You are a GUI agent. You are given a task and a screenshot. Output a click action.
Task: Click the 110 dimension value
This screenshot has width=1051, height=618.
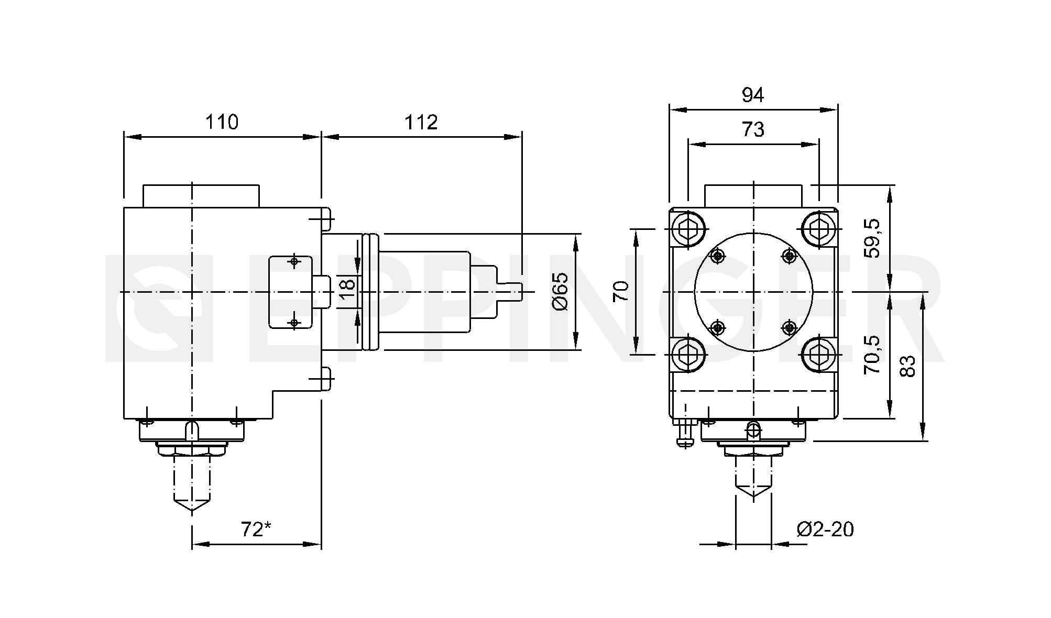point(222,122)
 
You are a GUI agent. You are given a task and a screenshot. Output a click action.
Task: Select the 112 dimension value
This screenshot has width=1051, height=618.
point(421,122)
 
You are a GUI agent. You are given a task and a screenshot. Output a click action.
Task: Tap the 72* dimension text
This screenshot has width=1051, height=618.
point(256,529)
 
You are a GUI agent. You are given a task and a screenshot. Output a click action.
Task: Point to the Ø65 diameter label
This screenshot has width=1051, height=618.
point(560,291)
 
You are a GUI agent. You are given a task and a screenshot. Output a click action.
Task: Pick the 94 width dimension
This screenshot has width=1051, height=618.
point(753,95)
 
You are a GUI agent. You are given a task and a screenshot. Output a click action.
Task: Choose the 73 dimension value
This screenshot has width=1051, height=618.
point(753,129)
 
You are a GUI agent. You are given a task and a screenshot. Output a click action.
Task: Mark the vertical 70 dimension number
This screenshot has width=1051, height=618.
point(621,291)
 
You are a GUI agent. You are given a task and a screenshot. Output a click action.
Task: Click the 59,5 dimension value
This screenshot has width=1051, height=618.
point(873,238)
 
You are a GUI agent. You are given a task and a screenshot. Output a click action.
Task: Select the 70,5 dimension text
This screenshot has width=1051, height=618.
point(873,355)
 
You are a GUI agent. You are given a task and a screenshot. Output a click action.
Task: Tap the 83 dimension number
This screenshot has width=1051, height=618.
point(907,366)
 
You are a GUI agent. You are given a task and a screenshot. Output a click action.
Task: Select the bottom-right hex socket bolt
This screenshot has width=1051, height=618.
point(818,355)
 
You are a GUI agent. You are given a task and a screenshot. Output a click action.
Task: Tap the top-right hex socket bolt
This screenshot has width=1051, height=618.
point(818,229)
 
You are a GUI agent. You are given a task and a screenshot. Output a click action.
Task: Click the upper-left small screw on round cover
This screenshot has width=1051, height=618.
point(717,256)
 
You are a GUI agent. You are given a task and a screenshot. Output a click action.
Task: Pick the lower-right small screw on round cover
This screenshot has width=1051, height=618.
point(789,328)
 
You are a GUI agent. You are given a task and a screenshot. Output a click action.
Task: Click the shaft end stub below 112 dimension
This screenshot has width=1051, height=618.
point(516,291)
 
